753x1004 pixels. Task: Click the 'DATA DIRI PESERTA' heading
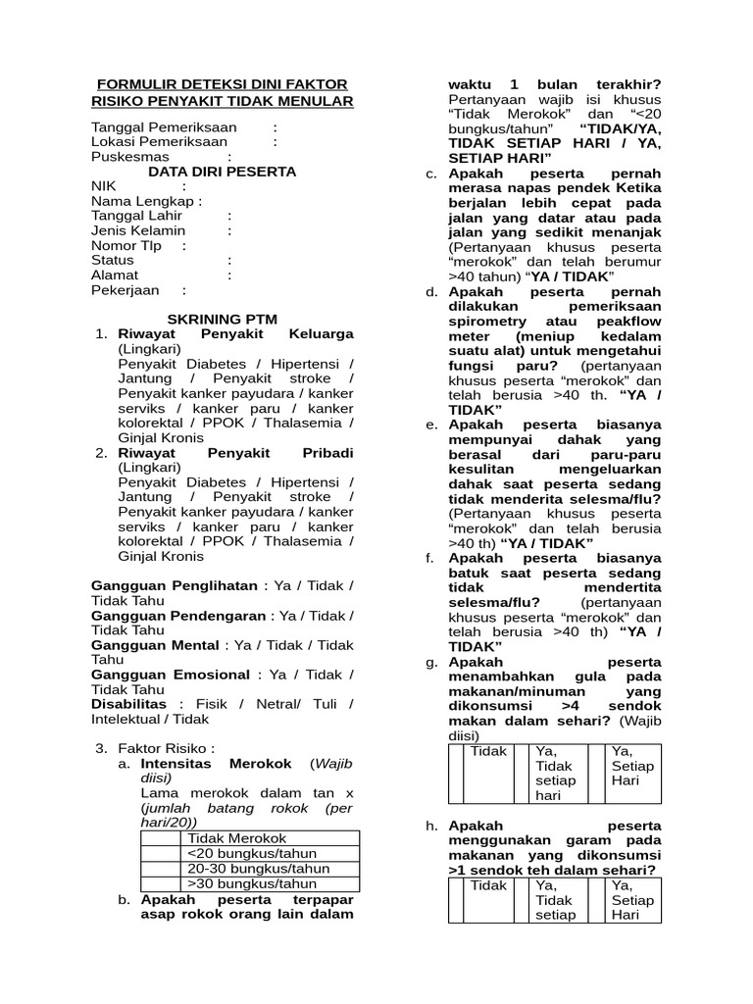click(222, 171)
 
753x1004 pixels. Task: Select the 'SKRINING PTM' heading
click(222, 321)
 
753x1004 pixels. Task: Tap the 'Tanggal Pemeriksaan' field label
click(164, 127)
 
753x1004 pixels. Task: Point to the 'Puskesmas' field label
click(129, 156)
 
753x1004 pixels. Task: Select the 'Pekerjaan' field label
click(126, 290)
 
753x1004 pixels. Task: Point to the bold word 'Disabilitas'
click(130, 705)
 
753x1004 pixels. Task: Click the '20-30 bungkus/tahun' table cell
click(257, 868)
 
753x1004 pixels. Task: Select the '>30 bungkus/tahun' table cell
click(253, 883)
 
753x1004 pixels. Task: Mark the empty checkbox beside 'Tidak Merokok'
click(162, 838)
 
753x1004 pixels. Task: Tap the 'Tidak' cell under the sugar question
click(488, 752)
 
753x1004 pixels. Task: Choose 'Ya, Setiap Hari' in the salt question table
click(631, 900)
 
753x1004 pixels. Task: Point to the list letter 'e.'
click(431, 425)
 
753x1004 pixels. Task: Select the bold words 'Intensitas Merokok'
click(216, 764)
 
